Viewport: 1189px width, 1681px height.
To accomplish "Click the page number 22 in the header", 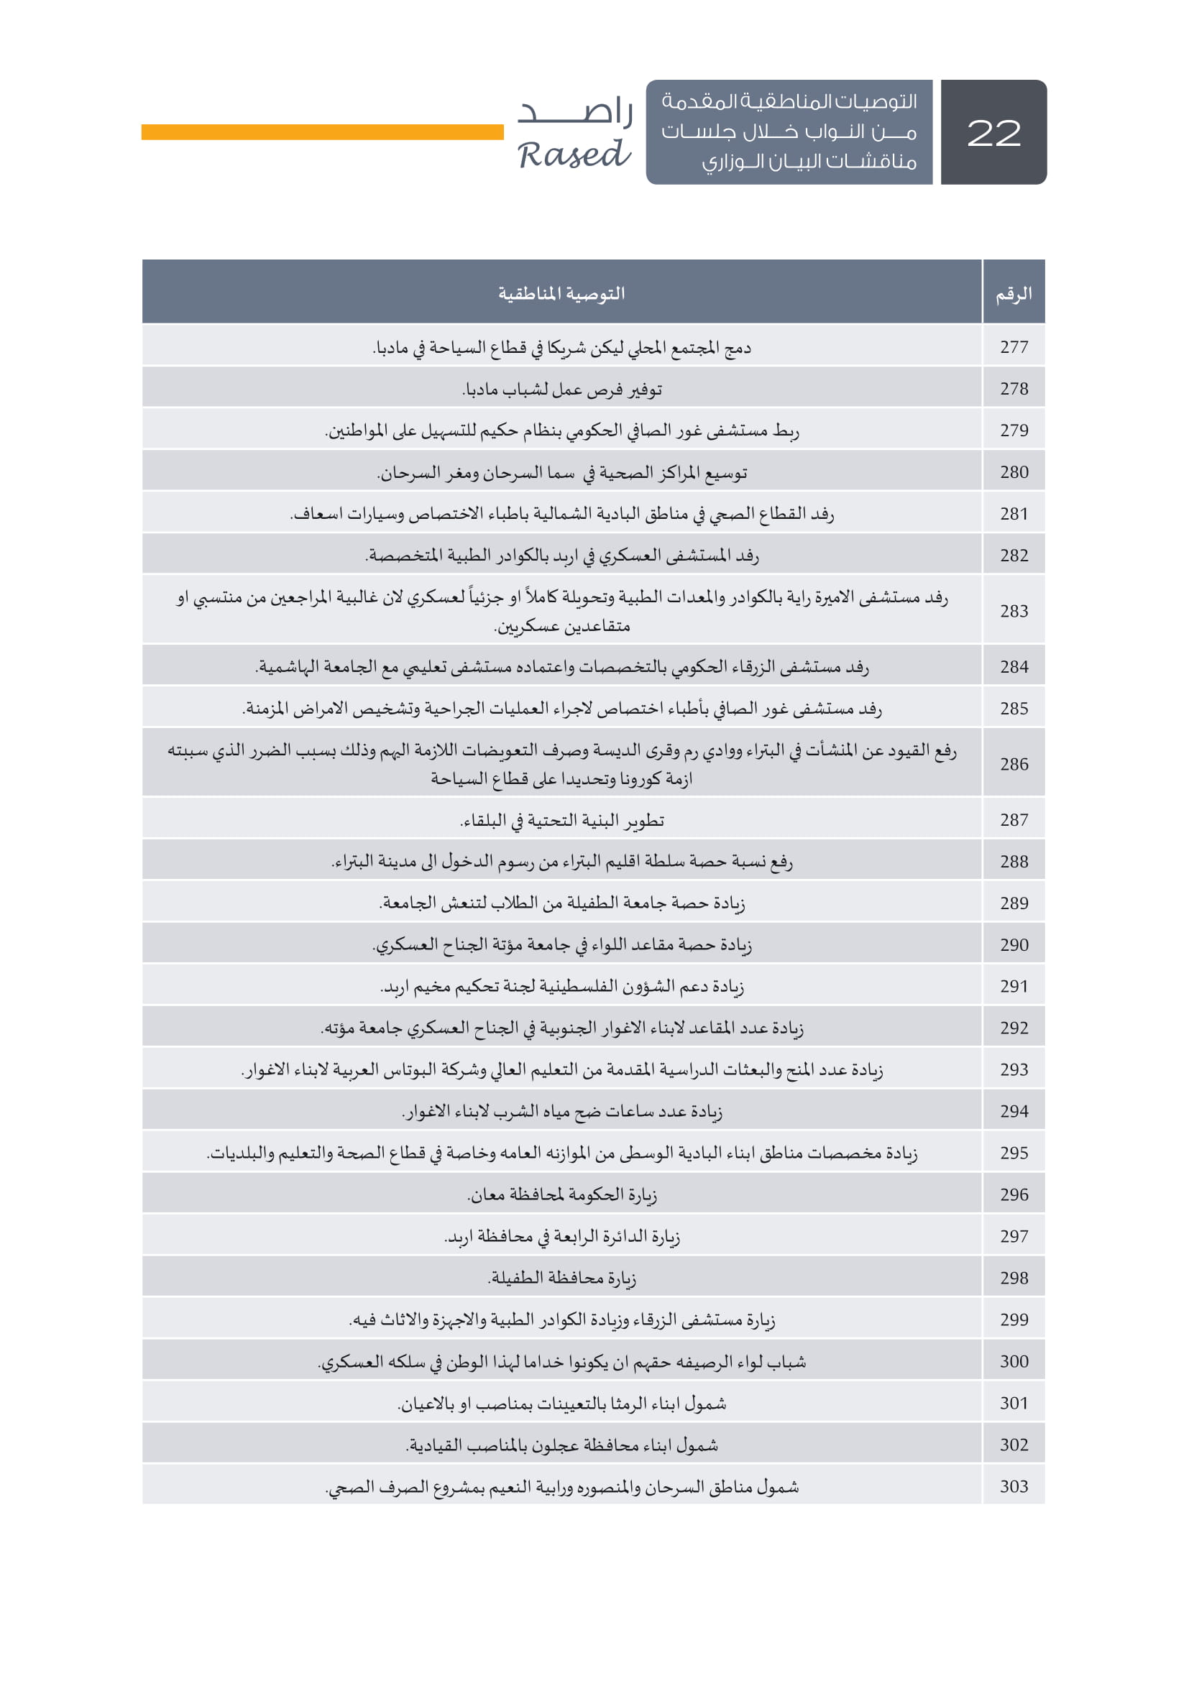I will click(993, 132).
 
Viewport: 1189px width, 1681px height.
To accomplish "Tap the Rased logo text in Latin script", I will click(574, 155).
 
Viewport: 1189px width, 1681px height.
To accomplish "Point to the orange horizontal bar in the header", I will click(322, 132).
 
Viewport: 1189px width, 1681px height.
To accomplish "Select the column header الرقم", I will click(1014, 294).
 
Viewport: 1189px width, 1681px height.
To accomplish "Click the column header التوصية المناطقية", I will click(561, 294).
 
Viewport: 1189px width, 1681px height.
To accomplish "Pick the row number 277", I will click(1014, 347).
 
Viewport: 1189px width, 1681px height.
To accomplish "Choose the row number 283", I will click(1014, 611).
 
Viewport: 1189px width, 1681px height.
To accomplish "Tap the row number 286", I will click(1014, 764).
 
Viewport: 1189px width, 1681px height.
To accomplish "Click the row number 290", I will click(1014, 944).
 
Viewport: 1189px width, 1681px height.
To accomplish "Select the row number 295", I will click(1014, 1152).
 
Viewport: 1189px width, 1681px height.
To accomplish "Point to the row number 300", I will click(1014, 1361).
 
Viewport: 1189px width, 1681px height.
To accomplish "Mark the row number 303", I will click(1014, 1486).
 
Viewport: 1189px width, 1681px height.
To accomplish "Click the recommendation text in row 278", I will click(561, 390).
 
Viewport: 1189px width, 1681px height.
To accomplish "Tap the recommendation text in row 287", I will click(561, 820).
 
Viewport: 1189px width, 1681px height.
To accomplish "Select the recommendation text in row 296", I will click(561, 1195).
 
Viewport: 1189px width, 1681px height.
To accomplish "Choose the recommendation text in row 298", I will click(561, 1279).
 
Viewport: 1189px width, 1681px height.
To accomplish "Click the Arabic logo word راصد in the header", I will click(576, 111).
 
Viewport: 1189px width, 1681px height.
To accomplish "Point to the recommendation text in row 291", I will click(561, 987).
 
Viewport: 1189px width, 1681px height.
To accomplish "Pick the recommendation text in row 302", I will click(561, 1445).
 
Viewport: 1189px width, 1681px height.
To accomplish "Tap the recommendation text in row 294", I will click(561, 1111).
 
